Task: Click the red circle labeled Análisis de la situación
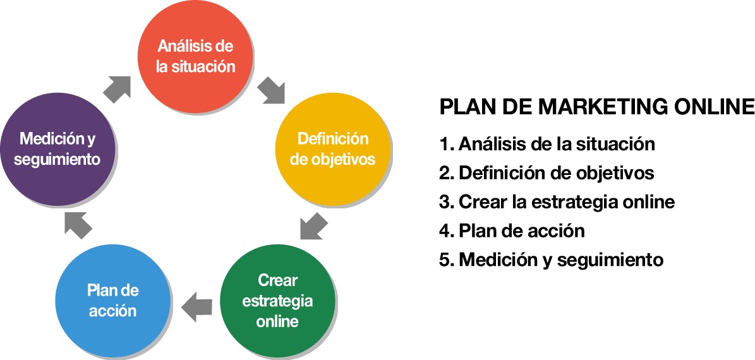(x=195, y=56)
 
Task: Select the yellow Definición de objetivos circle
(x=333, y=148)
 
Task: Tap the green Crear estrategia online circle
(x=277, y=301)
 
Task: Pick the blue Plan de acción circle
(x=114, y=301)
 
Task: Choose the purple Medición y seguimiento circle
(x=57, y=148)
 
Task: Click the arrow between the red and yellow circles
(x=271, y=90)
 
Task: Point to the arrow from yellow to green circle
(x=313, y=225)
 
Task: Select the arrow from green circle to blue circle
(x=196, y=307)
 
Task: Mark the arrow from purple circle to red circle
(x=117, y=89)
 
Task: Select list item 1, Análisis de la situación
(x=547, y=144)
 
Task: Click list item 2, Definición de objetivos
(x=547, y=173)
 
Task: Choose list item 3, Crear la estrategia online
(x=557, y=201)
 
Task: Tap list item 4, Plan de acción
(x=512, y=231)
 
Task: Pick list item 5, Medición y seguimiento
(x=552, y=260)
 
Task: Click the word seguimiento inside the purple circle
(x=57, y=159)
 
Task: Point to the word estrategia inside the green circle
(x=277, y=301)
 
